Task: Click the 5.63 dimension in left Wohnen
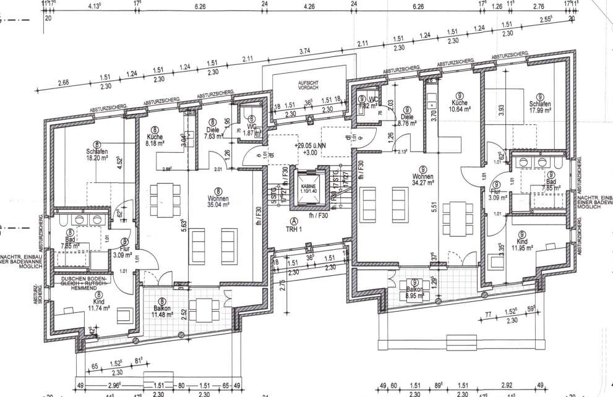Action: tap(184, 220)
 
